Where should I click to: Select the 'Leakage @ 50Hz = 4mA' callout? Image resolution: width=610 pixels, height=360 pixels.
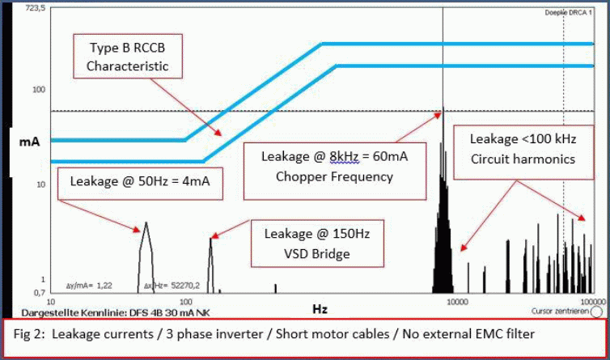click(x=140, y=181)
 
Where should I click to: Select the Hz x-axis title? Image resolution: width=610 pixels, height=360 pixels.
click(x=320, y=309)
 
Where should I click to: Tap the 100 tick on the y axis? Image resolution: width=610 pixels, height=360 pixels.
click(x=37, y=89)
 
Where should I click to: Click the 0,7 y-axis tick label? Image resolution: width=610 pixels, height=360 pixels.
click(x=37, y=290)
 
